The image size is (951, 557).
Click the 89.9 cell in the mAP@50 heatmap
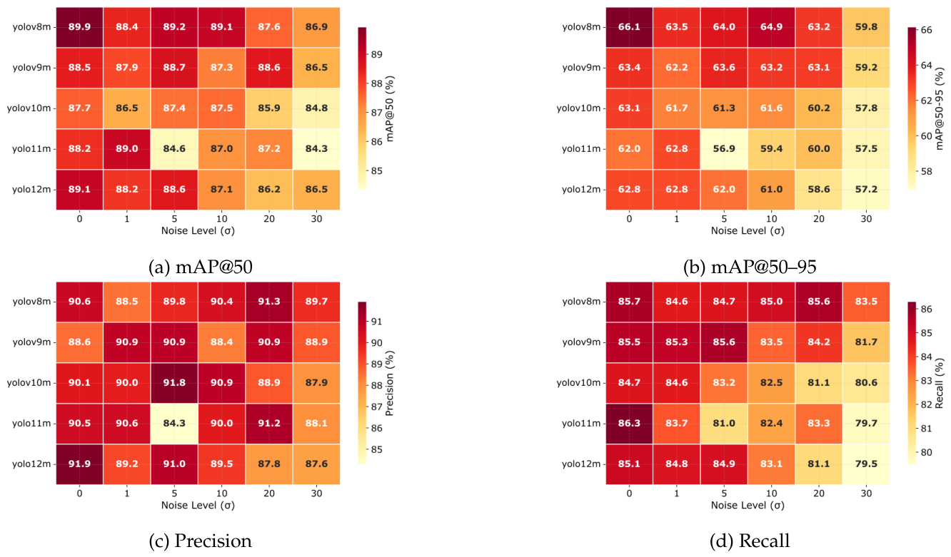click(79, 27)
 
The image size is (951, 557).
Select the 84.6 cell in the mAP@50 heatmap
click(174, 149)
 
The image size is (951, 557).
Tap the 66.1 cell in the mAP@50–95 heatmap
click(629, 27)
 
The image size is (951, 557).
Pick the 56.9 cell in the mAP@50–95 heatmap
click(724, 149)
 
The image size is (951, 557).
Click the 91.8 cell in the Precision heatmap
click(174, 383)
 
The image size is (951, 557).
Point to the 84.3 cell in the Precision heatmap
click(174, 424)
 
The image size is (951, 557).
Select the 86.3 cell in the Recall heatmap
click(629, 424)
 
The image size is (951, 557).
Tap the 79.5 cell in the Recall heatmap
click(866, 464)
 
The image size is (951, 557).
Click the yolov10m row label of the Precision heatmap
click(29, 383)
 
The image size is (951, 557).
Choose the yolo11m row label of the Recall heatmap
click(581, 424)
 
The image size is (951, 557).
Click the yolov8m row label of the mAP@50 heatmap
click(32, 27)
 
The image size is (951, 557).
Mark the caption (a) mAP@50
click(201, 267)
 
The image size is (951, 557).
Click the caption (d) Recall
click(750, 541)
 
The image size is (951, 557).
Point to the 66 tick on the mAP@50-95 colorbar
click(927, 30)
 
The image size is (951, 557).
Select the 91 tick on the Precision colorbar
click(376, 322)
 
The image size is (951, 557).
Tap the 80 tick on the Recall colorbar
click(927, 452)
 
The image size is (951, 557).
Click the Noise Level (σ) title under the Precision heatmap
click(198, 505)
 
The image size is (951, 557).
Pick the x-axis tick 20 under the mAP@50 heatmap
click(268, 219)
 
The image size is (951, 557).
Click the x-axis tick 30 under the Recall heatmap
click(866, 494)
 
